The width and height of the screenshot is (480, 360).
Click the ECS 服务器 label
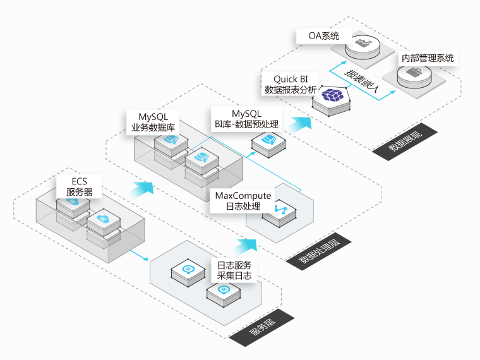[79, 186]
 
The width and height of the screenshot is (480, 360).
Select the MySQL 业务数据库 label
[153, 122]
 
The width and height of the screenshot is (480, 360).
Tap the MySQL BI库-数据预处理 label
[246, 118]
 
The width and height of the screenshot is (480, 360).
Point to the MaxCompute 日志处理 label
[243, 201]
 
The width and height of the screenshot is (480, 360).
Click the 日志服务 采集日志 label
[234, 270]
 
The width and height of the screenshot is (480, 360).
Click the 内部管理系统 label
[428, 58]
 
